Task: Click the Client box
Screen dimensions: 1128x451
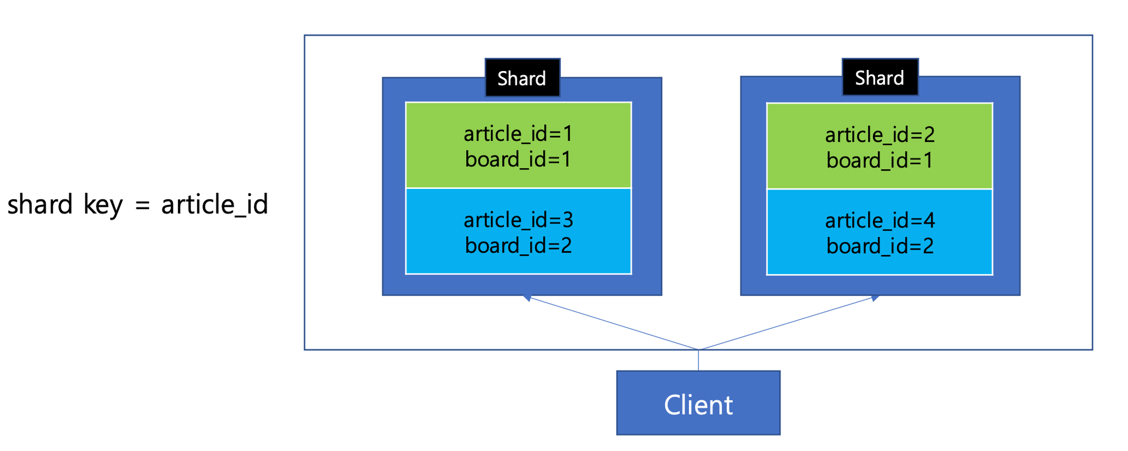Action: (698, 403)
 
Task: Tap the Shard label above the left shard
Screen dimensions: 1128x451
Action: (522, 78)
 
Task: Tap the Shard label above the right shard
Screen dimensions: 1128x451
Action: (880, 77)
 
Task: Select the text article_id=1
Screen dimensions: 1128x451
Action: (518, 134)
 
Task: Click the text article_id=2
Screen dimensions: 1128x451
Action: (880, 135)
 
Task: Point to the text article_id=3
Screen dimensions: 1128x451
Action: (518, 220)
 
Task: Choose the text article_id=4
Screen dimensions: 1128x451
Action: (880, 221)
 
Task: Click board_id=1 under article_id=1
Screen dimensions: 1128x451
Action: (518, 159)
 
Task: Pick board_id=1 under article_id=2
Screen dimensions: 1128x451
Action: (880, 160)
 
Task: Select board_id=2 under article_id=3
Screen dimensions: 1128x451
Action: (518, 245)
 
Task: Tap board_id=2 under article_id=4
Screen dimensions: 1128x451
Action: (880, 246)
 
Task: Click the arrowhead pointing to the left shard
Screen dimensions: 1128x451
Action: (527, 298)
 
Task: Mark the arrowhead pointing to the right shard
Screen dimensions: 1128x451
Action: (875, 298)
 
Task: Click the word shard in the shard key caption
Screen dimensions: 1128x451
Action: (40, 204)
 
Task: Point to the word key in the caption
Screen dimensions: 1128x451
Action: (103, 205)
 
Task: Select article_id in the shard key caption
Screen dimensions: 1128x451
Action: (214, 205)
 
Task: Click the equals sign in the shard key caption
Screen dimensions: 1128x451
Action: (142, 206)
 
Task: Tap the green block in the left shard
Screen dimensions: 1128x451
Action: (518, 145)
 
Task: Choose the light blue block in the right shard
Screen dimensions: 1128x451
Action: (880, 232)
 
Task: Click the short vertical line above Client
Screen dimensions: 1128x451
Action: (698, 360)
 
